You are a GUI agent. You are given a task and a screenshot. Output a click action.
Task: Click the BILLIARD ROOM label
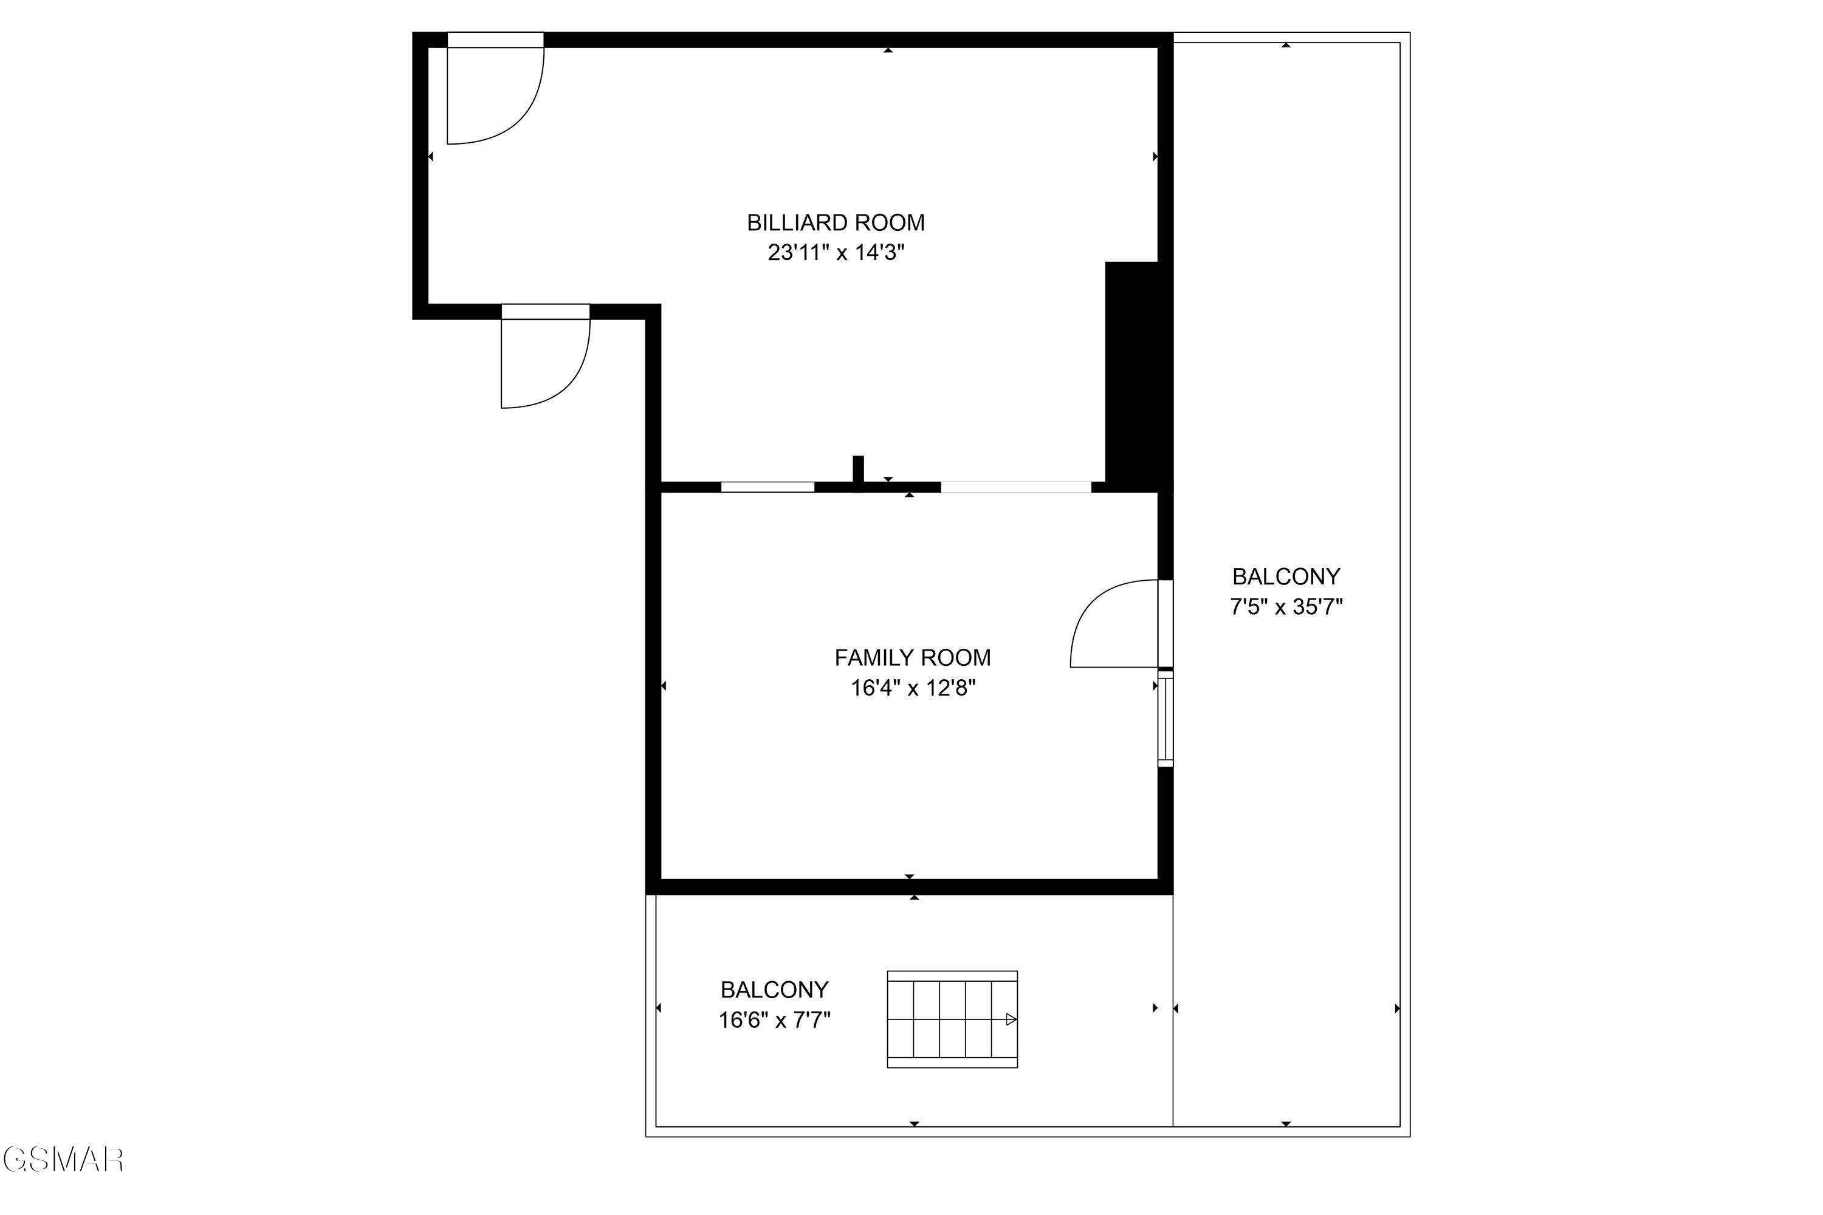pyautogui.click(x=836, y=223)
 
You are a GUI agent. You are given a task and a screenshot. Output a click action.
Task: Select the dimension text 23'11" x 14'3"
pyautogui.click(x=836, y=253)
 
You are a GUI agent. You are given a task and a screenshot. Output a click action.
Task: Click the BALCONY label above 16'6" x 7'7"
pyautogui.click(x=774, y=990)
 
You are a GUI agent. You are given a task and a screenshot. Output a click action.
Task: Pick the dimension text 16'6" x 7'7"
pyautogui.click(x=774, y=1020)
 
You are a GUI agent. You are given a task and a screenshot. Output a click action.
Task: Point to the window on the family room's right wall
pyautogui.click(x=1165, y=720)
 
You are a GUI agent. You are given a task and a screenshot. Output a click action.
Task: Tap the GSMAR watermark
pyautogui.click(x=64, y=1160)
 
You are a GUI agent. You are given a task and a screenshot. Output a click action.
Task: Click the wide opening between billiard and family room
pyautogui.click(x=1015, y=487)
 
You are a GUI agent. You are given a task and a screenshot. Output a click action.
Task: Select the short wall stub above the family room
pyautogui.click(x=858, y=471)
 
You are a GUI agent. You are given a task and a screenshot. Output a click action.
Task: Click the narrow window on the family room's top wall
pyautogui.click(x=767, y=487)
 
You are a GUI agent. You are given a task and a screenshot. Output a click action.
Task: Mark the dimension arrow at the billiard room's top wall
pyautogui.click(x=888, y=50)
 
